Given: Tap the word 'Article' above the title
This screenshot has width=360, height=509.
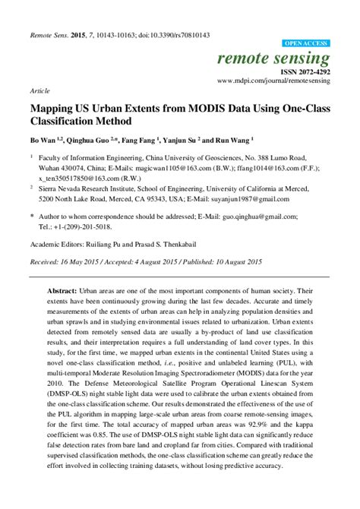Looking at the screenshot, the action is click(40, 90).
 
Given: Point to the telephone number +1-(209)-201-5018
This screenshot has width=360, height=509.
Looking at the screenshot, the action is click(84, 226).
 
